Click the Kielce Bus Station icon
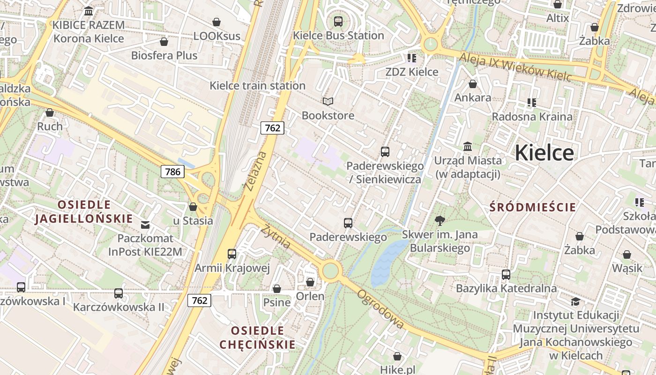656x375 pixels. (338, 21)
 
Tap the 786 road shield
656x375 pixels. (172, 172)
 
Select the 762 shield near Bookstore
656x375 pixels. (272, 127)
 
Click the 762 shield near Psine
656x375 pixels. (200, 300)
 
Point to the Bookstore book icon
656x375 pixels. (328, 101)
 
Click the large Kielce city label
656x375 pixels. (544, 153)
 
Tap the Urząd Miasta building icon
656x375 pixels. (467, 147)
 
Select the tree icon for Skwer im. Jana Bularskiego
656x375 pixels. (440, 220)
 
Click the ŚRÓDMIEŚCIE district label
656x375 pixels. (533, 207)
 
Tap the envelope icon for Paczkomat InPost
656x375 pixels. (145, 225)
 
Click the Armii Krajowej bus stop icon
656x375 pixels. (232, 254)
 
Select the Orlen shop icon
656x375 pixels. (310, 282)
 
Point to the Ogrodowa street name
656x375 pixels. (380, 309)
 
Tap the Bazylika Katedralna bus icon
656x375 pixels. (506, 275)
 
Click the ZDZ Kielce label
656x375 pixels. (412, 72)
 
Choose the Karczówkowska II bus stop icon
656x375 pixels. (119, 293)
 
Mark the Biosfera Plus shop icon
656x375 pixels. (164, 42)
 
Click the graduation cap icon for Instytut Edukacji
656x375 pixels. (575, 301)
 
